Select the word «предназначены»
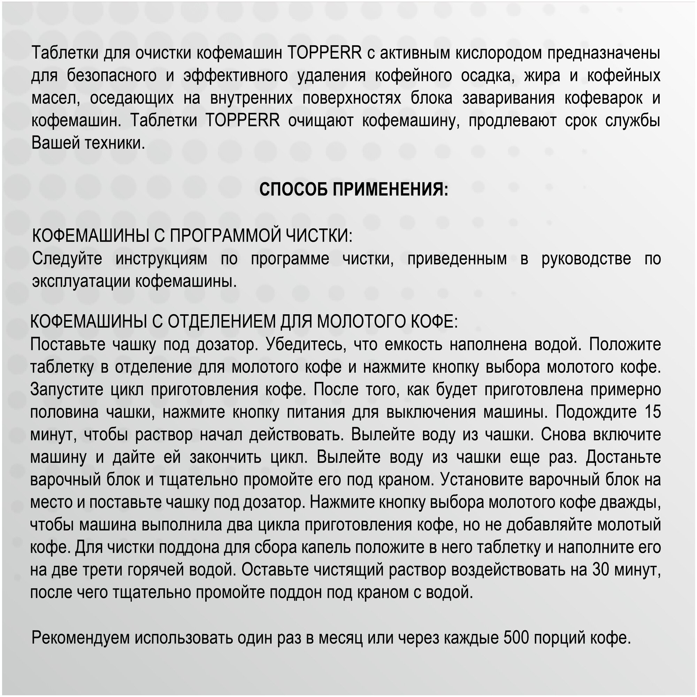click(604, 53)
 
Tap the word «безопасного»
click(112, 76)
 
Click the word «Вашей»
click(54, 143)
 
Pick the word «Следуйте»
click(67, 259)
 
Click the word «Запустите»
click(67, 390)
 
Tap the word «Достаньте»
click(623, 458)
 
